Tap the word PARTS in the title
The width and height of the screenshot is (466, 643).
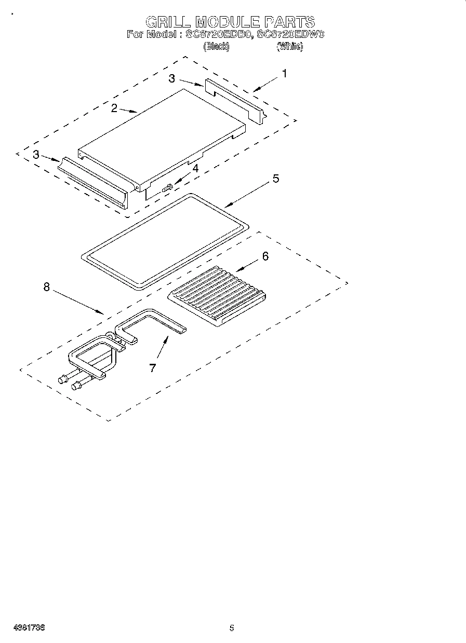pyautogui.click(x=289, y=22)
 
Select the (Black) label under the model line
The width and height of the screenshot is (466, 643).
pyautogui.click(x=216, y=47)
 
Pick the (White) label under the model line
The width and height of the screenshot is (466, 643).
pyautogui.click(x=289, y=47)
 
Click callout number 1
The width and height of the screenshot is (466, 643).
pyautogui.click(x=284, y=74)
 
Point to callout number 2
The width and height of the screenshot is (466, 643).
pyautogui.click(x=114, y=108)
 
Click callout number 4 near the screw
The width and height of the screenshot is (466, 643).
pyautogui.click(x=195, y=168)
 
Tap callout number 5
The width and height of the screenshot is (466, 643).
pyautogui.click(x=275, y=179)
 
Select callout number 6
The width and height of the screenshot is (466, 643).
pyautogui.click(x=265, y=256)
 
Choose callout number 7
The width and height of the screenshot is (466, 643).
pyautogui.click(x=152, y=367)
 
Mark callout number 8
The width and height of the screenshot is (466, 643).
pyautogui.click(x=47, y=287)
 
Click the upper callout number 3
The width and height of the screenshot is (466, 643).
pyautogui.click(x=171, y=78)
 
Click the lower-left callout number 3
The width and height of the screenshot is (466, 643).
pyautogui.click(x=35, y=154)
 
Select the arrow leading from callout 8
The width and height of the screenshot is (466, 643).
pyautogui.click(x=78, y=301)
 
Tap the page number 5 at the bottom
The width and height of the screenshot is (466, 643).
pyautogui.click(x=232, y=627)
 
